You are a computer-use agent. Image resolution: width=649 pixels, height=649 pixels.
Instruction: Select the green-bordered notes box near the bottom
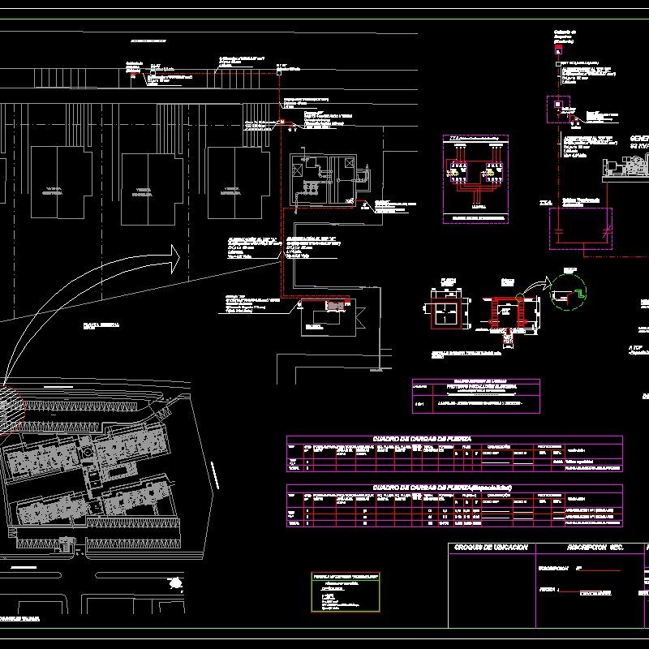346,592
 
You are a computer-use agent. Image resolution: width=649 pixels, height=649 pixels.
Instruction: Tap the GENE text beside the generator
639,140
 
